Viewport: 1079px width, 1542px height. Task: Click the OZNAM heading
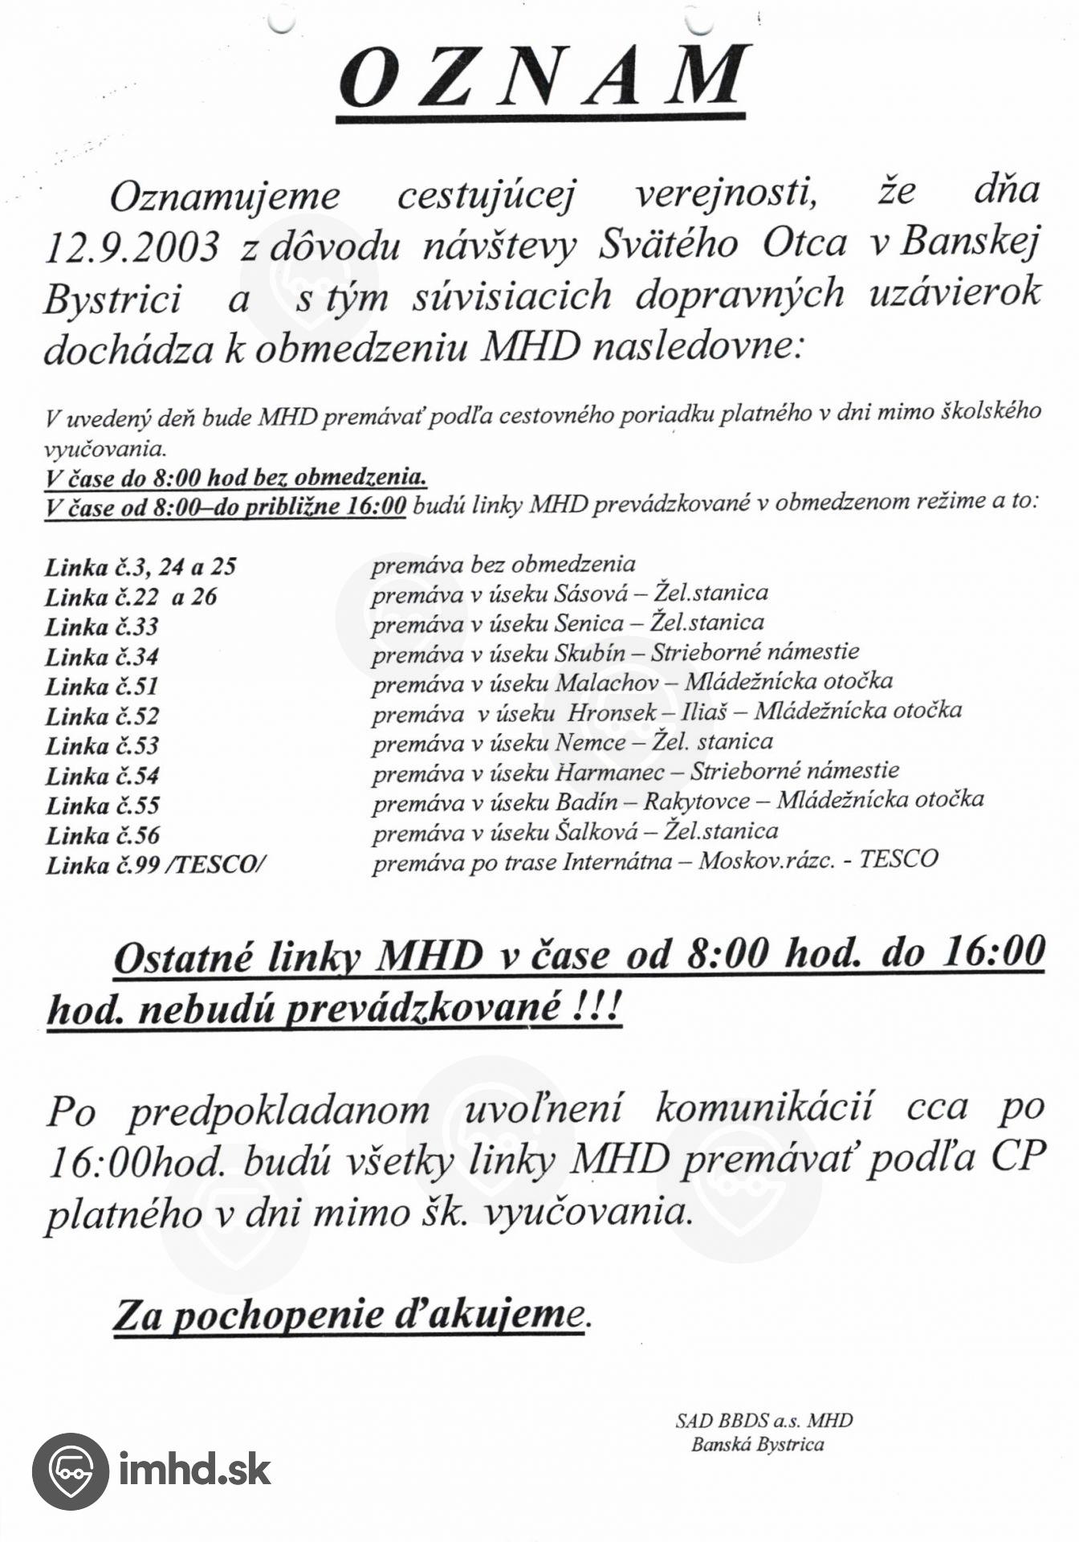544,78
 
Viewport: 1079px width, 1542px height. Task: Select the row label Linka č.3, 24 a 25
140,567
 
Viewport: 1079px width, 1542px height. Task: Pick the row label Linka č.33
101,626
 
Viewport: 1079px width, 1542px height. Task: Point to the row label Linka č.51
101,687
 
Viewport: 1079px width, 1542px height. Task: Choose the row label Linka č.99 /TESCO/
156,865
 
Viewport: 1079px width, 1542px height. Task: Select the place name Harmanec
609,773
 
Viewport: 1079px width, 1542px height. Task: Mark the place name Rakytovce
697,802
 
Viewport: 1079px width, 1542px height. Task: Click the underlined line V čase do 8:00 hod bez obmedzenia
235,478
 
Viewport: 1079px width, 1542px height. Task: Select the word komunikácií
763,1108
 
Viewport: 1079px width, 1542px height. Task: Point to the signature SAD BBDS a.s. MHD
763,1421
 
